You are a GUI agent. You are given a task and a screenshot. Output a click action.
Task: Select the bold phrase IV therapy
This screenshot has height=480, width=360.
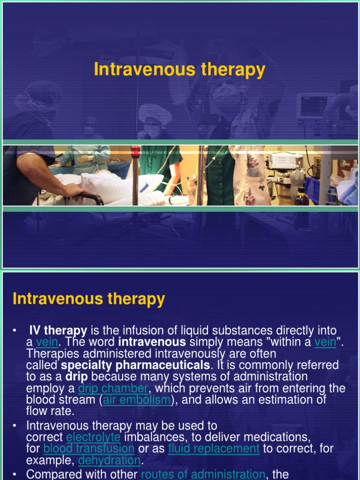click(58, 331)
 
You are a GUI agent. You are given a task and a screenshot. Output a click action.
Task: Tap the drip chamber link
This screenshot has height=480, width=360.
click(113, 389)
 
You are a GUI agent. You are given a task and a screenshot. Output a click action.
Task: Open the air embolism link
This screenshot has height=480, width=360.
click(137, 400)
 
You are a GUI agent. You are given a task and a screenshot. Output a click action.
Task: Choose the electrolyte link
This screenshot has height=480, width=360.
click(93, 437)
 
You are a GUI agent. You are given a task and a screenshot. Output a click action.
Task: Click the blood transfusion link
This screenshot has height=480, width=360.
click(89, 449)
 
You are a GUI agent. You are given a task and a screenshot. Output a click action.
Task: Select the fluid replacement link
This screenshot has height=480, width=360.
click(214, 449)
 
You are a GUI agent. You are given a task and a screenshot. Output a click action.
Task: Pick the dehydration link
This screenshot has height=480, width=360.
click(109, 460)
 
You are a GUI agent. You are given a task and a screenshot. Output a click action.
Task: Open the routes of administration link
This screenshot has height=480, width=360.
click(203, 474)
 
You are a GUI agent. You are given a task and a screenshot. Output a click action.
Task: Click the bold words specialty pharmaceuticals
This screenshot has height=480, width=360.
click(135, 365)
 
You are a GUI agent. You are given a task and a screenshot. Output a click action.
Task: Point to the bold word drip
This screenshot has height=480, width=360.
click(76, 377)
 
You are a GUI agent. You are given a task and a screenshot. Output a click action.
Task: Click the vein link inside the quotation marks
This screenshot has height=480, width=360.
click(325, 342)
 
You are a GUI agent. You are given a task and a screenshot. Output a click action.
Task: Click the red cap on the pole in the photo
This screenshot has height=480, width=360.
click(136, 151)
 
